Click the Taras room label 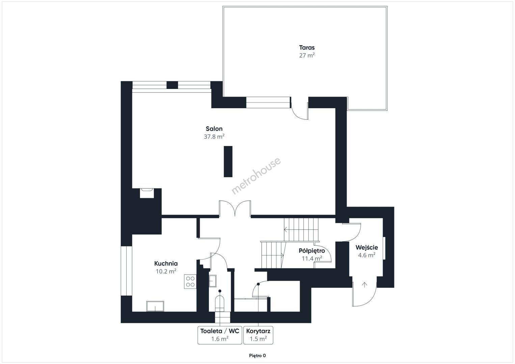coord(307,48)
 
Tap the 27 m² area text coord(307,55)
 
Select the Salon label coord(214,129)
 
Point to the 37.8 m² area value coord(214,136)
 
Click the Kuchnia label coord(166,264)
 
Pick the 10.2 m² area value coord(166,271)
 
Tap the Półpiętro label coord(312,251)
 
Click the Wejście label coord(367,248)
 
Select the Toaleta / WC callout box coord(220,335)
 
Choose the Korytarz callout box coord(258,335)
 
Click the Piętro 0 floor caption coord(257,356)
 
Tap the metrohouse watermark coord(256,176)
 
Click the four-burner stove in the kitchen coord(190,281)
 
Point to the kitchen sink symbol coord(155,306)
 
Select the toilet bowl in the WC coord(219,303)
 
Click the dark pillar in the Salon coord(228,161)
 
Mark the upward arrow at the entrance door coord(364,285)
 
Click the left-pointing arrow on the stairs coord(286,229)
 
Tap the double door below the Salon coord(235,208)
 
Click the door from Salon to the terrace coord(300,108)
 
